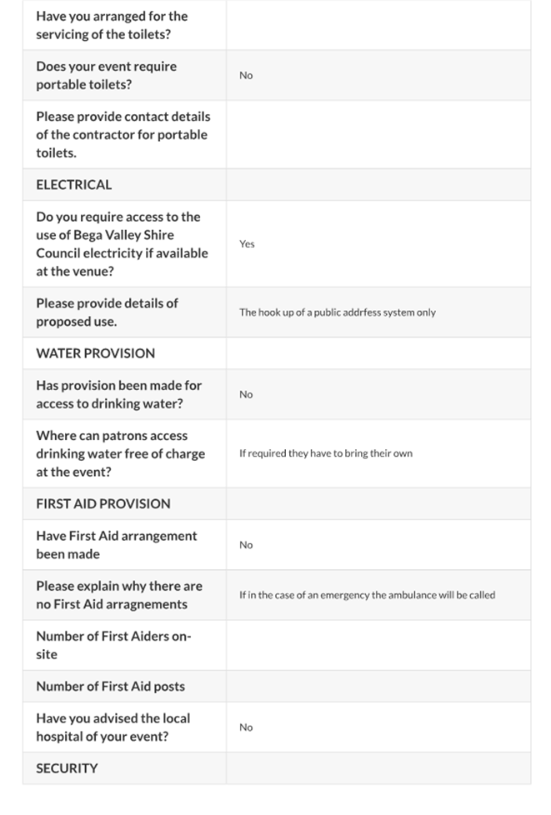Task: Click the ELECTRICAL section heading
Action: (x=73, y=185)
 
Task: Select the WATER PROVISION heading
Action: (x=95, y=353)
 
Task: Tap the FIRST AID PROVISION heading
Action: (x=103, y=503)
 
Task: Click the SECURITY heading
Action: (x=67, y=768)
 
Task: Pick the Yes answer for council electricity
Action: (x=247, y=244)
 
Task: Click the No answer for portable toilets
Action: (x=246, y=76)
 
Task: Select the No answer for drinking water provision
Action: (x=246, y=394)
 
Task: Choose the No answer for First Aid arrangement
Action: (x=246, y=545)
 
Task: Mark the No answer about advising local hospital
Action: (x=246, y=727)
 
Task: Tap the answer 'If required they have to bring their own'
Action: (x=325, y=453)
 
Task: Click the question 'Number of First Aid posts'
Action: (x=110, y=687)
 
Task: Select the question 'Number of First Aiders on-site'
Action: (x=113, y=645)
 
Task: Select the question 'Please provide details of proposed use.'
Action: (x=107, y=312)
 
